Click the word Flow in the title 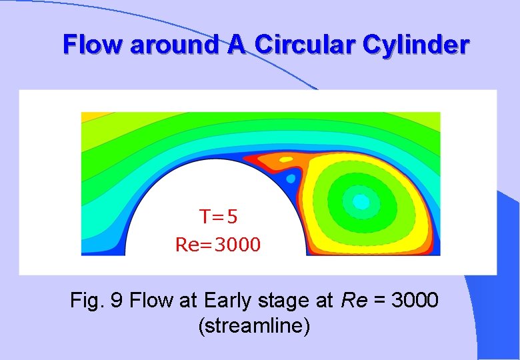(x=93, y=45)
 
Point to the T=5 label (x=219, y=217)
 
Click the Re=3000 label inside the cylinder (x=218, y=245)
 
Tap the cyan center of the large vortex (x=361, y=200)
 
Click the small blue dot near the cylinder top (x=291, y=179)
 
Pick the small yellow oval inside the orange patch (x=286, y=159)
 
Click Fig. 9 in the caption (x=96, y=301)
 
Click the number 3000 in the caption (x=415, y=301)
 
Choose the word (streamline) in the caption (x=253, y=327)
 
